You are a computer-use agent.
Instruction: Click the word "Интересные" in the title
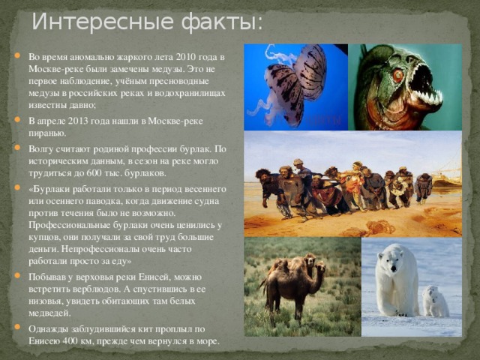click(103, 22)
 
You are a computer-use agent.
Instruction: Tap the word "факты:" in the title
click(222, 22)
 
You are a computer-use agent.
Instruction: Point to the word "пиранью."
click(47, 133)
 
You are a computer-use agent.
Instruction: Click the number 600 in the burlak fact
click(93, 173)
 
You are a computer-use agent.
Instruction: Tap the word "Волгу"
click(41, 149)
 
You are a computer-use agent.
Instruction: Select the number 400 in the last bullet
click(69, 341)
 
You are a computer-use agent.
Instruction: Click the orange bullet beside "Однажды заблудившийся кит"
click(17, 327)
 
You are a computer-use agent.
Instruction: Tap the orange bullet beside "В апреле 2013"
click(17, 119)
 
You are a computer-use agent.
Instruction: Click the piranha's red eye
click(397, 75)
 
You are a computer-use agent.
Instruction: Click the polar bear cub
click(435, 301)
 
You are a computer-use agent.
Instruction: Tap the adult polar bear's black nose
click(393, 268)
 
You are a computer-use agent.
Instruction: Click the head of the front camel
click(320, 268)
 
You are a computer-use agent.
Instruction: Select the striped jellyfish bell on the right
click(310, 72)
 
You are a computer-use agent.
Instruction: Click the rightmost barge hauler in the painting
click(423, 188)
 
